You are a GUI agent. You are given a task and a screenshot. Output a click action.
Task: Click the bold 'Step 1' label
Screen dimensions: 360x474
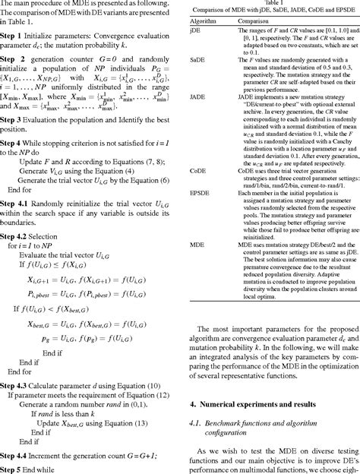(15, 36)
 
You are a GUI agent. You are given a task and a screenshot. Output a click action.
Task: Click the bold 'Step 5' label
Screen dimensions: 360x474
(15, 467)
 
